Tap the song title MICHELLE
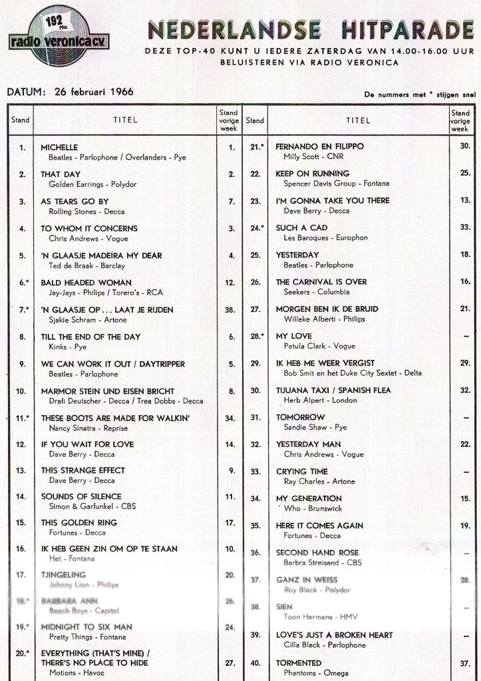(60, 147)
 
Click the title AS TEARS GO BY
(75, 202)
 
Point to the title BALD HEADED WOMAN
(86, 283)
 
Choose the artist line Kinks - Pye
(68, 347)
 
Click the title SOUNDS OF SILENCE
(81, 496)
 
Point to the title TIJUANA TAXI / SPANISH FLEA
(333, 390)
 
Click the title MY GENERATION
(309, 498)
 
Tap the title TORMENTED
(299, 663)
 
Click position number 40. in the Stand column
(255, 663)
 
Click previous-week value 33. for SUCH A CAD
(464, 227)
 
